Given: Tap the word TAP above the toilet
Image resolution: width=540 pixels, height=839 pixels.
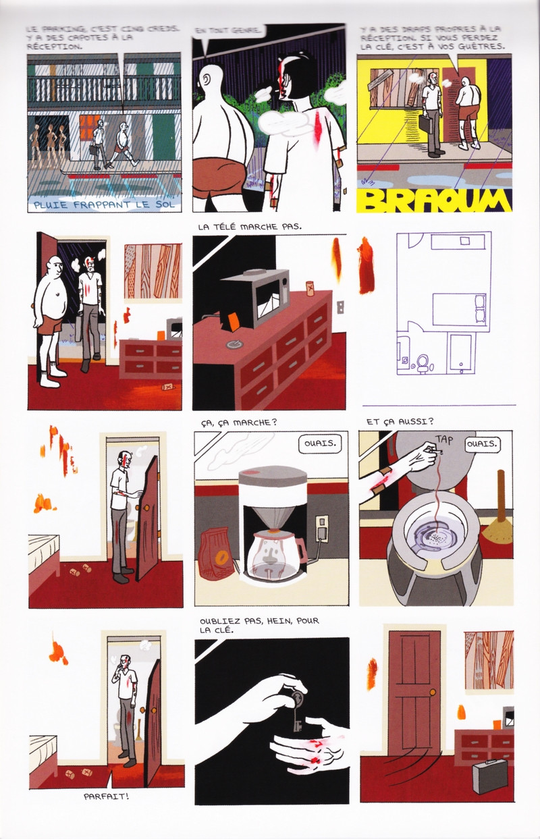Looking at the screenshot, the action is coord(444,439).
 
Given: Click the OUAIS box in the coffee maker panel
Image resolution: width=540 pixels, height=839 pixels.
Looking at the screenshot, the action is coord(319,443).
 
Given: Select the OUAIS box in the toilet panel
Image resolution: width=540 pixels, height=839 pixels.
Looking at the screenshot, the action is coord(483,444).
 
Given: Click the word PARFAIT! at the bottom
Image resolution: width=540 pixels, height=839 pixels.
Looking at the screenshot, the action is coord(107,796).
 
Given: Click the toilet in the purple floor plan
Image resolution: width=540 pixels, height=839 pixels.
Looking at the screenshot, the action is coord(423,362).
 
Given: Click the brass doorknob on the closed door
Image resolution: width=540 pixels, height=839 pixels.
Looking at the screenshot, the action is coord(433,692).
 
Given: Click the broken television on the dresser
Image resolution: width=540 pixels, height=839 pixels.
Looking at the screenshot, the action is coord(255,298).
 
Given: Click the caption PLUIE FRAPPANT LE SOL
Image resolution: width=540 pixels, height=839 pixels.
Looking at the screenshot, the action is coord(104,205).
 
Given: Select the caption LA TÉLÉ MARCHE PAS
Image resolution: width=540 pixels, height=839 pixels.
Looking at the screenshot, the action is coord(249,227).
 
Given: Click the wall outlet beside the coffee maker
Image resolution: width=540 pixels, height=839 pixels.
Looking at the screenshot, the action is coord(323,529).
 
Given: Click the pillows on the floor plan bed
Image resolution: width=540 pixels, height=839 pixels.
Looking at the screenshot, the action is coord(481,308).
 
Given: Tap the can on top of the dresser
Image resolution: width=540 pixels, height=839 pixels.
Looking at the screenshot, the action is coord(310,288).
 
